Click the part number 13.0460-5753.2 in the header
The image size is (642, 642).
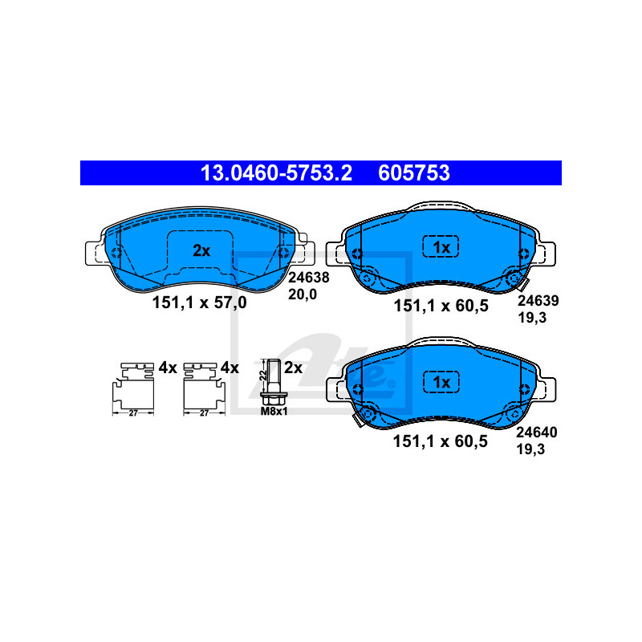[x=276, y=173]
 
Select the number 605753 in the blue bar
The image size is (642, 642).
[x=414, y=173]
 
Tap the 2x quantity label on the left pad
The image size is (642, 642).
[x=201, y=250]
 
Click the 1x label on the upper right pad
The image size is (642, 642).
[x=441, y=247]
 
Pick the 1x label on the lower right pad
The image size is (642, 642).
[x=441, y=383]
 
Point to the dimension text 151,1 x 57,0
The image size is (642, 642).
[x=199, y=303]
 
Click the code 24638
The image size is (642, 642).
[x=309, y=278]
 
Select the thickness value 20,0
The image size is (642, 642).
[x=303, y=295]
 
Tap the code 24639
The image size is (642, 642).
[x=538, y=300]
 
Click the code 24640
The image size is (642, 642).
[x=536, y=433]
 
